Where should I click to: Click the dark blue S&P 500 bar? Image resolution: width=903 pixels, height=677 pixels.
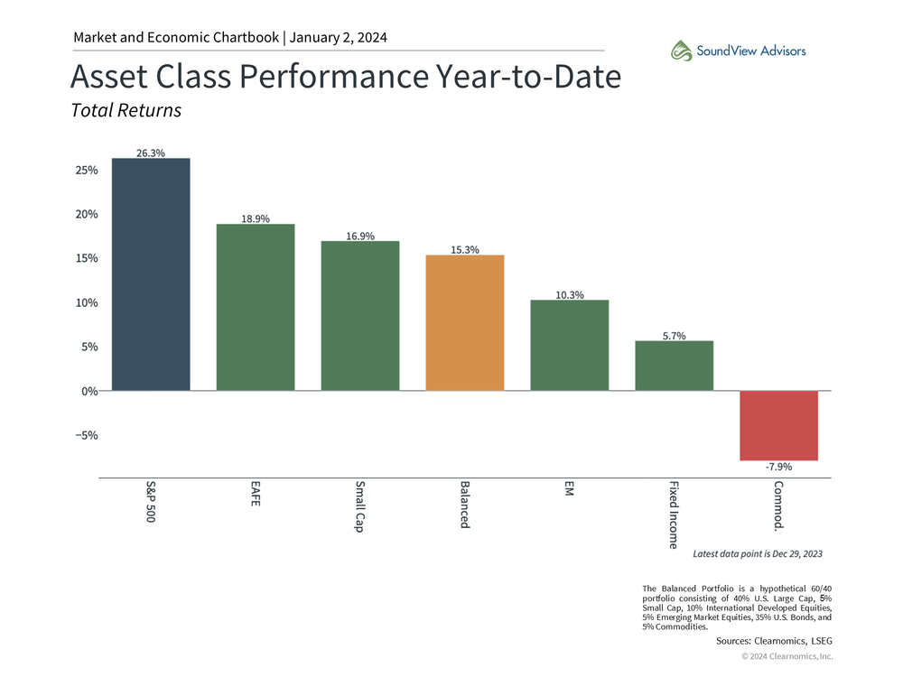[151, 274]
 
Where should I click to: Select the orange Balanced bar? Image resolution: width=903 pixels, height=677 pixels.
[464, 323]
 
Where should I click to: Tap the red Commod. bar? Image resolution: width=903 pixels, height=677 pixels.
[778, 425]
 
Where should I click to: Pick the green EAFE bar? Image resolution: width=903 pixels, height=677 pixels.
[256, 307]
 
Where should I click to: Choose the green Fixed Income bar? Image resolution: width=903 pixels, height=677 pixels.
[674, 366]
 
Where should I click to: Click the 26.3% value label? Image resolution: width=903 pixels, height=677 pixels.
[151, 153]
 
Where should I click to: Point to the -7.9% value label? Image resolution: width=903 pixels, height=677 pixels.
[778, 468]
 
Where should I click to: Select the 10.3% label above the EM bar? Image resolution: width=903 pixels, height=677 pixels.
[569, 295]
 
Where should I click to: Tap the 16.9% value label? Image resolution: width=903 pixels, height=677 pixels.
[360, 236]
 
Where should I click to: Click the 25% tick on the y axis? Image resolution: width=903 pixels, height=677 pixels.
[87, 170]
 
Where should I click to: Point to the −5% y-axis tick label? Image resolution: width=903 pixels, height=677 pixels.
[87, 435]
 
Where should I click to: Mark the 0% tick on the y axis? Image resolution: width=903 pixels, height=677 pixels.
[89, 391]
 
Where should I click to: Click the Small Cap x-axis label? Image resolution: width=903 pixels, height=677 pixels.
[359, 505]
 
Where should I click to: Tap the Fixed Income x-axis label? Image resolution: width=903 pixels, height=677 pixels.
[674, 514]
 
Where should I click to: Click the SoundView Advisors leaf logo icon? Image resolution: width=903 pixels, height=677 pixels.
[681, 51]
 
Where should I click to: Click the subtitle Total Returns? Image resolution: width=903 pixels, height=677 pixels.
[126, 110]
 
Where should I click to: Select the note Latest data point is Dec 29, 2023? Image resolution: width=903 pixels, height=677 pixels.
[757, 552]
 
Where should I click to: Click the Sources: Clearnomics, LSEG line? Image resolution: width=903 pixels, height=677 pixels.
[774, 640]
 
